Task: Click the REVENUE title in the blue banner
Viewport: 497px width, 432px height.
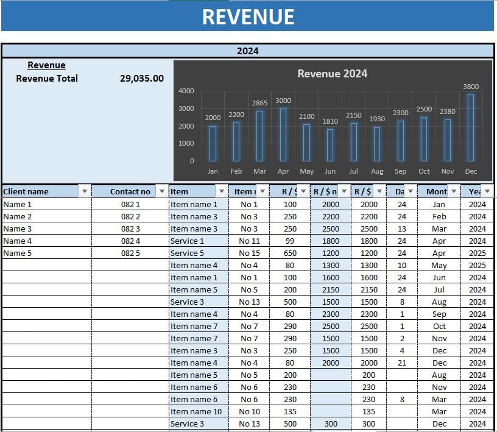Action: (x=248, y=16)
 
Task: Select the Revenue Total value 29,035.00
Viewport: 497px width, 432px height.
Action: (x=142, y=79)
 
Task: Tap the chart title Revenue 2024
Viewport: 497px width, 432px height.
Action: (x=332, y=74)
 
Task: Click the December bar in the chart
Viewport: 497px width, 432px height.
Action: (x=471, y=127)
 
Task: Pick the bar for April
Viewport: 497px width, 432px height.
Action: (x=283, y=135)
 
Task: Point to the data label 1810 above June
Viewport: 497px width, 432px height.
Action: (x=330, y=121)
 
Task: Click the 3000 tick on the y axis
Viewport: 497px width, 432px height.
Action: (x=186, y=108)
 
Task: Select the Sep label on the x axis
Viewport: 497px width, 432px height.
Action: (x=400, y=172)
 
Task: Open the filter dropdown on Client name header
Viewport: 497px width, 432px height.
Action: (x=85, y=191)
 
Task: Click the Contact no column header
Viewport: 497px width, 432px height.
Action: (x=130, y=191)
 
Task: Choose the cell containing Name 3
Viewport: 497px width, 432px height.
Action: (x=18, y=229)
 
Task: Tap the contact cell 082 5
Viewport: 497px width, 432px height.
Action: (x=130, y=253)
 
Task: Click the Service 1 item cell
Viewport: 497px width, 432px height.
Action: (x=188, y=241)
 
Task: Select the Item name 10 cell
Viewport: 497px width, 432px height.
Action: (x=196, y=412)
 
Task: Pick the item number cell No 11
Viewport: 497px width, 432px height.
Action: (x=249, y=241)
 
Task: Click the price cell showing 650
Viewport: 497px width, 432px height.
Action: (x=290, y=253)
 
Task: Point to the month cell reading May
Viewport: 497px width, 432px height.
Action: (x=439, y=266)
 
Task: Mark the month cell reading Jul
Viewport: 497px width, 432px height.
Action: (x=439, y=290)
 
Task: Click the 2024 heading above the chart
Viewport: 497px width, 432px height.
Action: (x=248, y=51)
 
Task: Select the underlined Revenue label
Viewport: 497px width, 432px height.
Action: (x=46, y=65)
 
